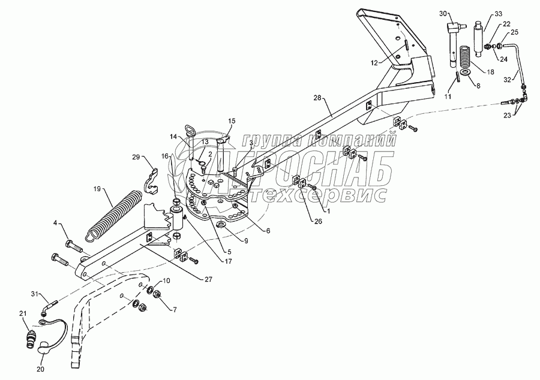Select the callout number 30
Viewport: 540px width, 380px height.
click(x=443, y=13)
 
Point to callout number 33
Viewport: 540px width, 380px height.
click(x=499, y=13)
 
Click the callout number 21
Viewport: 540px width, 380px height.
click(x=23, y=314)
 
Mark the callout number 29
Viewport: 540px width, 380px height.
click(x=137, y=158)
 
